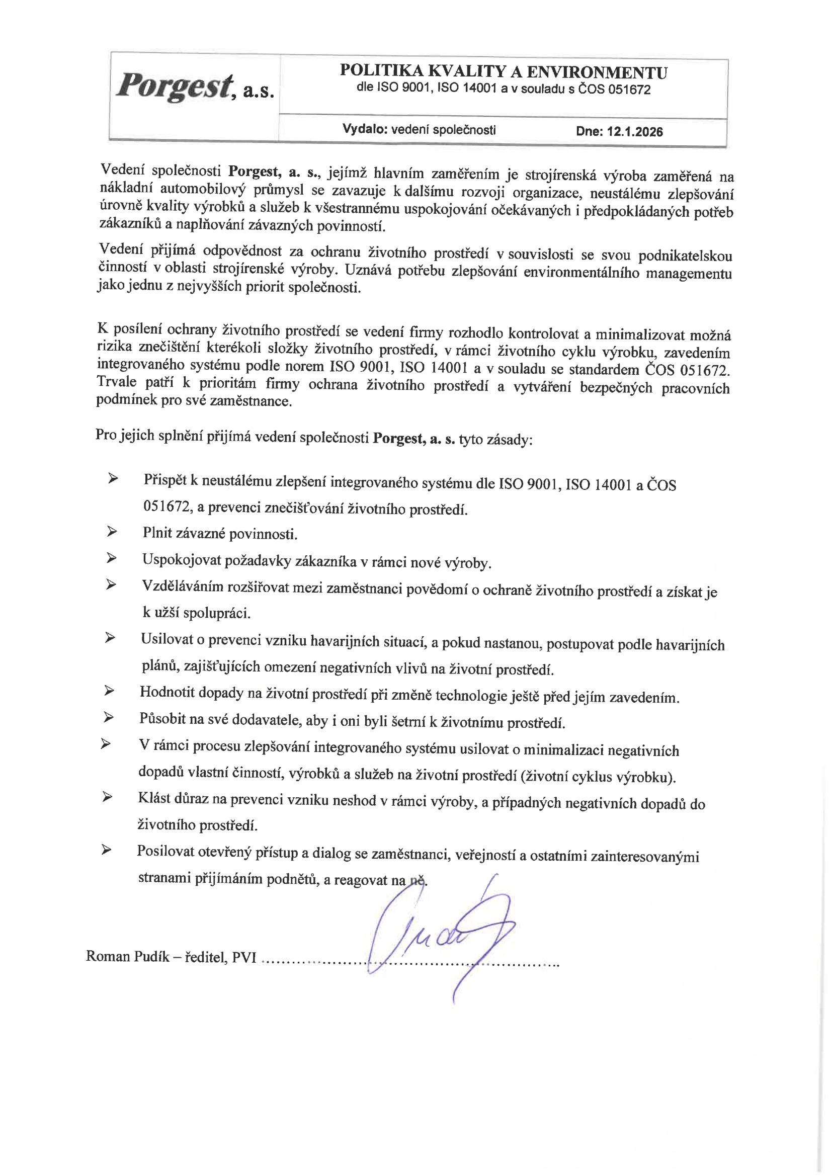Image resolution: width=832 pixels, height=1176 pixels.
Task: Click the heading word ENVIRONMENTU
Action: (597, 73)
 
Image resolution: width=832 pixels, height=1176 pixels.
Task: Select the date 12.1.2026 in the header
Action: (635, 132)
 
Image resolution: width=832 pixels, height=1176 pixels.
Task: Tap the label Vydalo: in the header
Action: (364, 129)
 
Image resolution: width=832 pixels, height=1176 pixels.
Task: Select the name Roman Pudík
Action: (128, 956)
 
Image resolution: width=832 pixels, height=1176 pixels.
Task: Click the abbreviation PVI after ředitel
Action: (244, 957)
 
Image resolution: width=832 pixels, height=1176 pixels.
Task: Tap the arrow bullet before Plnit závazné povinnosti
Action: (112, 532)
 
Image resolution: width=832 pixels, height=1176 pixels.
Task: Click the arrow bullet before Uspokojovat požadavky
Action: (112, 558)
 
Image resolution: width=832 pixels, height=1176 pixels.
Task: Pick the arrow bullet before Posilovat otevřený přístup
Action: (106, 850)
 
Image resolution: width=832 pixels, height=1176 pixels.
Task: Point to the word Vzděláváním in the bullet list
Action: (182, 586)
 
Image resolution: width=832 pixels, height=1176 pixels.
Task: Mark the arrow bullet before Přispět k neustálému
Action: (113, 478)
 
